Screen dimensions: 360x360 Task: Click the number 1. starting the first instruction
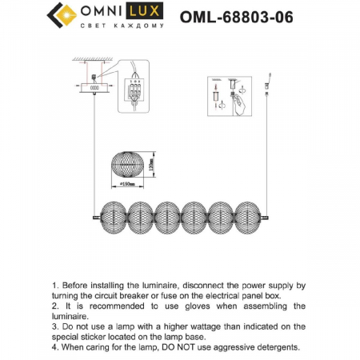[x=54, y=285]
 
